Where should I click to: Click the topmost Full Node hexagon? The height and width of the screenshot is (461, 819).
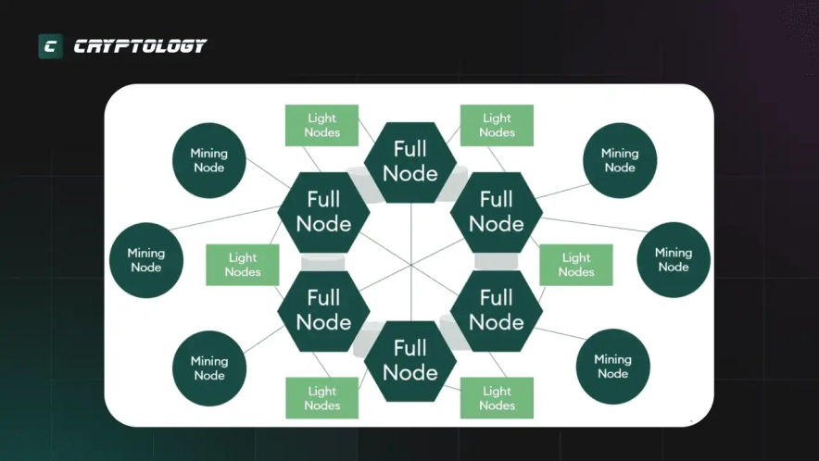[409, 161]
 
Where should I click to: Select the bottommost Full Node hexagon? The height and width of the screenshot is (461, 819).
[409, 360]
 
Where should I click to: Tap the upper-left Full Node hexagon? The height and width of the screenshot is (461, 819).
[323, 211]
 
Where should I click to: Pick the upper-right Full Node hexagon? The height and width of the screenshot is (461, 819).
[496, 211]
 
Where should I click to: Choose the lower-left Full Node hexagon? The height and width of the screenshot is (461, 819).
[323, 310]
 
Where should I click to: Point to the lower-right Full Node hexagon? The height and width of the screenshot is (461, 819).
[496, 310]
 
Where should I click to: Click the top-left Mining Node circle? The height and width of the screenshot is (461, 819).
[208, 160]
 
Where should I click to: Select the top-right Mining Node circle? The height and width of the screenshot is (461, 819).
[620, 160]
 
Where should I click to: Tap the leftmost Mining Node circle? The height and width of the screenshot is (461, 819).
[145, 260]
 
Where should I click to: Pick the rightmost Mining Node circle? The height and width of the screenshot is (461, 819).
[674, 260]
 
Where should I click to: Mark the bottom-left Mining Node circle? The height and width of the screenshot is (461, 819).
[208, 368]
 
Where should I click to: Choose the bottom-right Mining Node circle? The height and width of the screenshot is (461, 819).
[612, 367]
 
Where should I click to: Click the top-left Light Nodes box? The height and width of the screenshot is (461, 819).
[321, 125]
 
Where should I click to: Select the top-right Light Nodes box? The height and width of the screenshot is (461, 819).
[497, 125]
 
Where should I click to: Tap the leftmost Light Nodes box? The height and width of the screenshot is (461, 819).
[243, 265]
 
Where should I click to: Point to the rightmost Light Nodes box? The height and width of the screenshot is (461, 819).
[576, 265]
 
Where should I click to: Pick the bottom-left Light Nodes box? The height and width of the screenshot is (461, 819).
[321, 398]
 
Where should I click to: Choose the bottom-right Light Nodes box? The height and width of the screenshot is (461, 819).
[497, 398]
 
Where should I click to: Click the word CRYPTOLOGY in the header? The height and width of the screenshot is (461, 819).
[140, 46]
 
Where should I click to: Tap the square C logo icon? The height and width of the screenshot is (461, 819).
[50, 46]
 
